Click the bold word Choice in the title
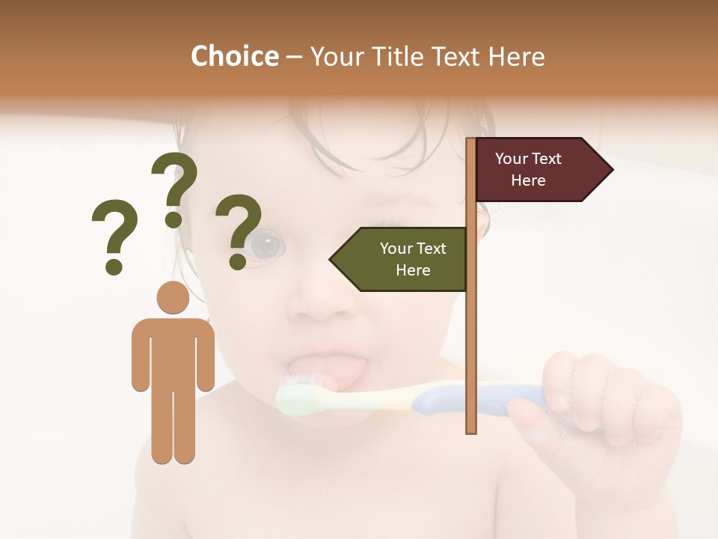(x=234, y=56)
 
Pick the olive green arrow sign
(x=400, y=259)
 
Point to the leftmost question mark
(x=114, y=236)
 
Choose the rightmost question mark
(x=239, y=231)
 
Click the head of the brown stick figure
(x=173, y=297)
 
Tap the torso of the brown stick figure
(x=173, y=352)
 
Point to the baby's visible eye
(x=266, y=245)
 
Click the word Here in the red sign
(x=528, y=180)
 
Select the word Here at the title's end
(x=515, y=56)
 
